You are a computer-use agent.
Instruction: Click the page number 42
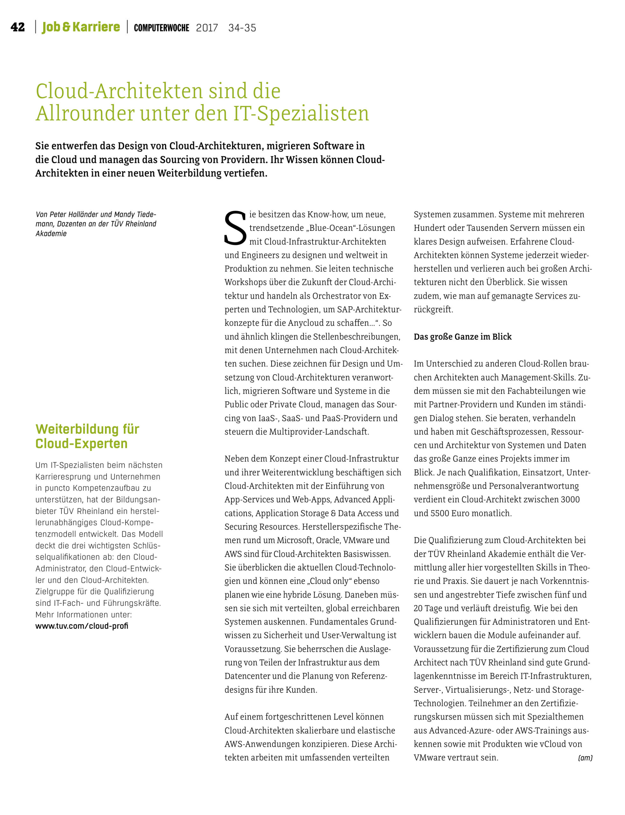point(18,27)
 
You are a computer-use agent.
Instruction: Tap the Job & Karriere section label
point(81,27)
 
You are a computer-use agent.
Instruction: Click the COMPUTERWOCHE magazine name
point(161,28)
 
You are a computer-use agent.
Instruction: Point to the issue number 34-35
point(242,28)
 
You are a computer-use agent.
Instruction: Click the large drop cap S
point(235,228)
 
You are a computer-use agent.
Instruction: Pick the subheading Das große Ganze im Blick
point(462,337)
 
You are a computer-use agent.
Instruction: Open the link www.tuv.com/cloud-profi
point(82,626)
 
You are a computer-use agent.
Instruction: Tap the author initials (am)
point(585,758)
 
